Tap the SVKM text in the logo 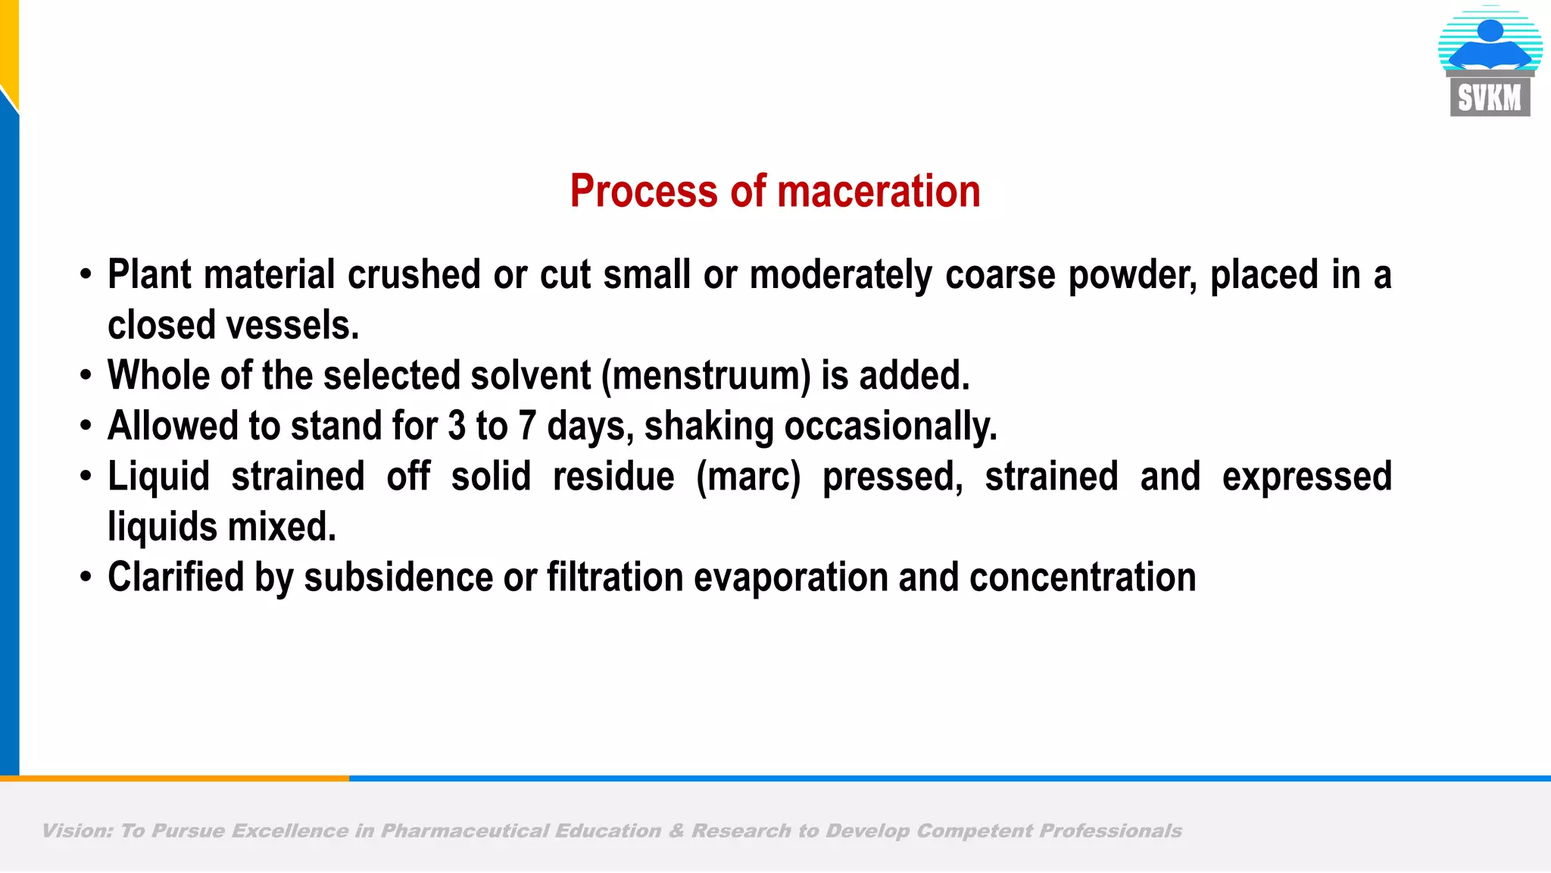(1489, 98)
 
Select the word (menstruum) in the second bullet (706, 376)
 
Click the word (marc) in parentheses (748, 477)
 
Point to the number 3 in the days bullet (457, 426)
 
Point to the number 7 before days (527, 426)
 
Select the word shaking (709, 427)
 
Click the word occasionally (891, 427)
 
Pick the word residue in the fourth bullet (613, 477)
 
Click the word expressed (1306, 477)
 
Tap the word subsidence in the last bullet (398, 577)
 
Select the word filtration (615, 577)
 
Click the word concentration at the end (1083, 577)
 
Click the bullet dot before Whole (86, 376)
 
